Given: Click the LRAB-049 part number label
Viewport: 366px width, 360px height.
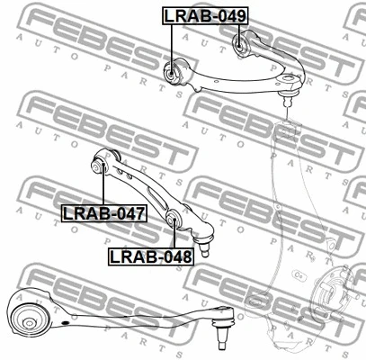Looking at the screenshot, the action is coord(206,15).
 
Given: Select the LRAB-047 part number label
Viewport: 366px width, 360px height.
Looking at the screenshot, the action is coord(104,213).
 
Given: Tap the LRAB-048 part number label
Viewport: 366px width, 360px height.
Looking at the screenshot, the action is coord(151,256).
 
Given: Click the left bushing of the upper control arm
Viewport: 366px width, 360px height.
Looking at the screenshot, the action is coord(171,73).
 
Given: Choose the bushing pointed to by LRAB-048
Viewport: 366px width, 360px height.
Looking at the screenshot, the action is coord(173,220).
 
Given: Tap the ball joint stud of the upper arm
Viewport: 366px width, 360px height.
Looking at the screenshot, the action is coord(288,96).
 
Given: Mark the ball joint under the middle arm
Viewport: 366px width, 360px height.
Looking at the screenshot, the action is coord(204,246).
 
